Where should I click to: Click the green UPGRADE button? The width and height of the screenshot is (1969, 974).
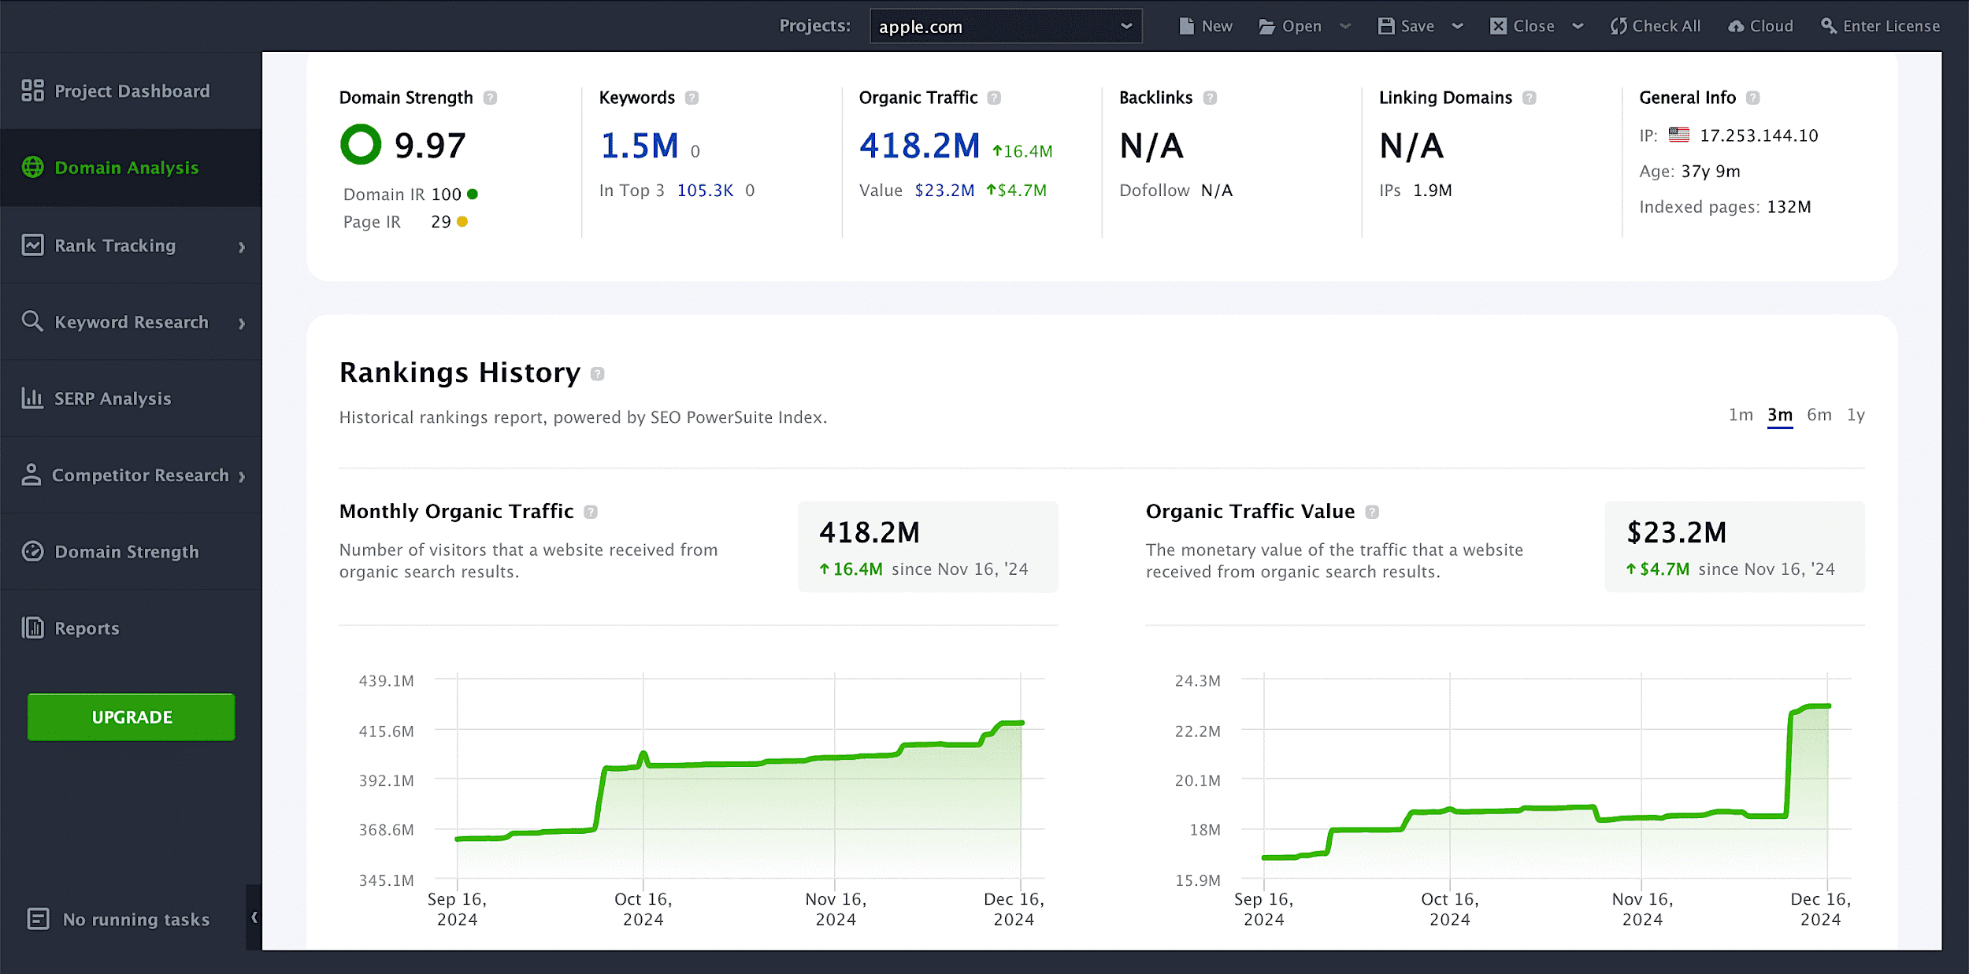click(132, 717)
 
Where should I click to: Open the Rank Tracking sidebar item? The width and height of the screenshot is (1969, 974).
click(115, 246)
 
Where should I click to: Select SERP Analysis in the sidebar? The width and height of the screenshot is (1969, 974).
click(112, 398)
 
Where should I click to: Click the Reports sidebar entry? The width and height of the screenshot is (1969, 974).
click(87, 628)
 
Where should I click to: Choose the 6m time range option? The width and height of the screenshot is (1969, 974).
click(1819, 415)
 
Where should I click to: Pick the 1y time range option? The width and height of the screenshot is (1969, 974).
click(1856, 415)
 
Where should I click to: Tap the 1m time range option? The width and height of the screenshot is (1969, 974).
click(1741, 415)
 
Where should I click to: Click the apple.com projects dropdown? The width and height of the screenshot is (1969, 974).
click(1005, 27)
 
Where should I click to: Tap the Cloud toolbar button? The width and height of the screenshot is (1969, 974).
click(1761, 26)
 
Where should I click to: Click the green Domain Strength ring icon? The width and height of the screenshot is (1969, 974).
click(361, 145)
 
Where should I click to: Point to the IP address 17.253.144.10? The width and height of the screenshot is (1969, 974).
click(1759, 135)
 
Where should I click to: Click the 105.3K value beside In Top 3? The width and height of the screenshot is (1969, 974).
click(705, 191)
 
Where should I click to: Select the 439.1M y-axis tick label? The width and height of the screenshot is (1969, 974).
click(386, 680)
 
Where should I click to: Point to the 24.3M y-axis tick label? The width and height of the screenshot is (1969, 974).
click(1197, 680)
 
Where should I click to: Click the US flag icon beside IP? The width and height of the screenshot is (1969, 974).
click(1679, 135)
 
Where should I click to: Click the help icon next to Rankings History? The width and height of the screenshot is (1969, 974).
click(598, 374)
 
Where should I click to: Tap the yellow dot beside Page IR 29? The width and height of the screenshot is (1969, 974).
click(462, 222)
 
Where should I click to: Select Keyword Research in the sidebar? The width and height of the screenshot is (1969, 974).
click(131, 322)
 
